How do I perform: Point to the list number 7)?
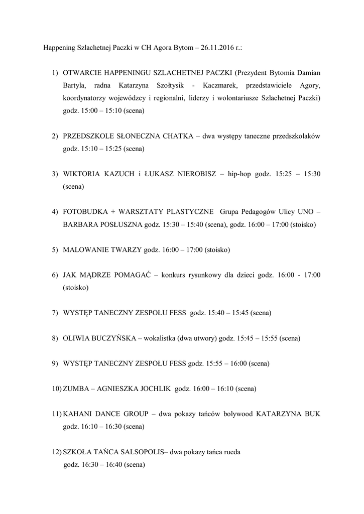point(55,313)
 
